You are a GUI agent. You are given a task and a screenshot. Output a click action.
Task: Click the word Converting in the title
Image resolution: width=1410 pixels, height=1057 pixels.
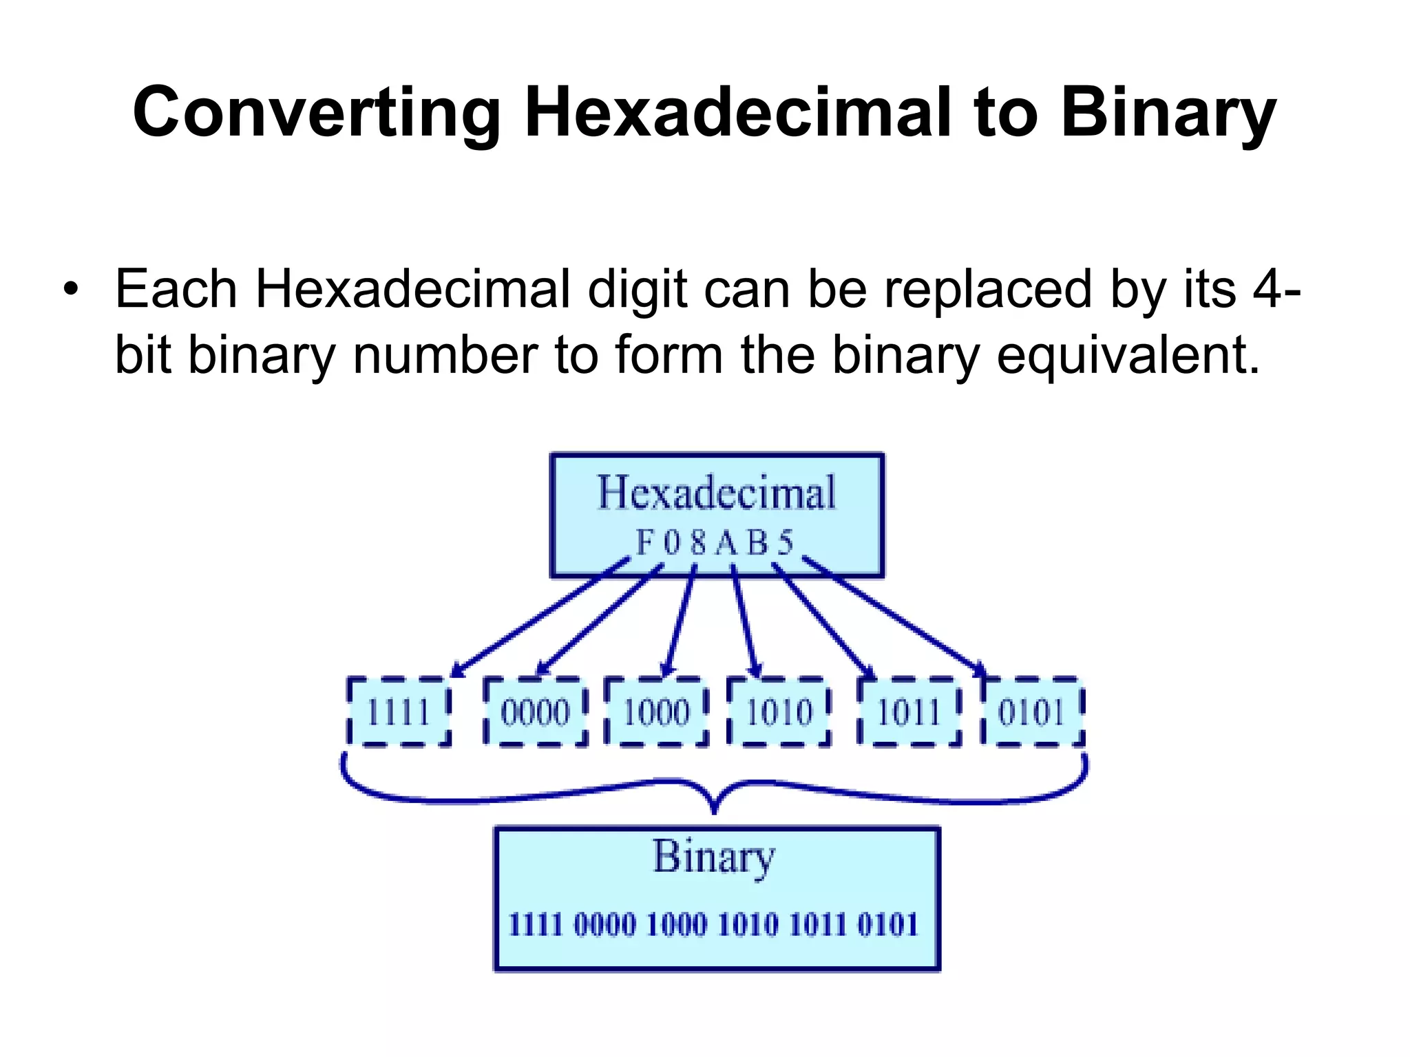317,114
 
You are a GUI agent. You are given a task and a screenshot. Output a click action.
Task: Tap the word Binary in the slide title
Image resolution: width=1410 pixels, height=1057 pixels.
1168,114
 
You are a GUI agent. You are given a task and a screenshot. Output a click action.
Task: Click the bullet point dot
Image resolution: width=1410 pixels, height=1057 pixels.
70,289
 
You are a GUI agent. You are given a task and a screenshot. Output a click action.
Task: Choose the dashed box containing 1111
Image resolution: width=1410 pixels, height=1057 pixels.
399,712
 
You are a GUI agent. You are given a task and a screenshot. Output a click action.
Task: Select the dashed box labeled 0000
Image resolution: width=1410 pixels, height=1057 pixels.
536,712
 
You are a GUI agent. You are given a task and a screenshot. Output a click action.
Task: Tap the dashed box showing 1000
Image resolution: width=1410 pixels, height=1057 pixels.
657,712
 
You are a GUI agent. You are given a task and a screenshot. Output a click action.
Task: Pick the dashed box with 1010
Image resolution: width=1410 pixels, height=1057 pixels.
779,712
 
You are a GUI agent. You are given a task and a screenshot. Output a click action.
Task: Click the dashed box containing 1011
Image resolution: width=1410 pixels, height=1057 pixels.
909,712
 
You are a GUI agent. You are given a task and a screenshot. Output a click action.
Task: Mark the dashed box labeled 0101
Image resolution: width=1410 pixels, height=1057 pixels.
1032,712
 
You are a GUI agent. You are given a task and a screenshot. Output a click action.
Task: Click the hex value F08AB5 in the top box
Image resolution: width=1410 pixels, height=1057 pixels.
715,543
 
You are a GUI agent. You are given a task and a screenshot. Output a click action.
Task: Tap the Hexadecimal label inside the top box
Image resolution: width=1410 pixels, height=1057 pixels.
716,493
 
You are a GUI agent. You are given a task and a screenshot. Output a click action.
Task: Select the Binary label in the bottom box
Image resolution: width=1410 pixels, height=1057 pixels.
714,857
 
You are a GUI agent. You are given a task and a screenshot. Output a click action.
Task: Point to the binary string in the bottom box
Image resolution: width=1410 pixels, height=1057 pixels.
713,924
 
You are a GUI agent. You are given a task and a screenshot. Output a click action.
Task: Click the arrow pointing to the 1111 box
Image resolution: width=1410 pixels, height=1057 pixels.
540,616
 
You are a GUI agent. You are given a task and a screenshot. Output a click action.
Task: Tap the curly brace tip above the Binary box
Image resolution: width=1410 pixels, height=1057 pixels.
714,809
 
